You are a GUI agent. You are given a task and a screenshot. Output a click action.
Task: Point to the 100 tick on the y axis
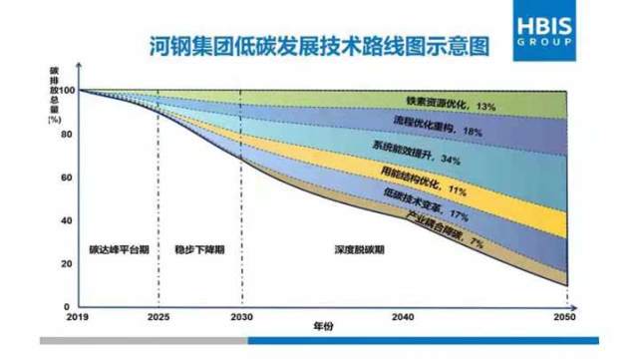click(68, 92)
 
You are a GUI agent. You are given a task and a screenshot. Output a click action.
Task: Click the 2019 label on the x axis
click(80, 316)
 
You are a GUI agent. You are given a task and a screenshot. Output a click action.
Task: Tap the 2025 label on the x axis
click(158, 316)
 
